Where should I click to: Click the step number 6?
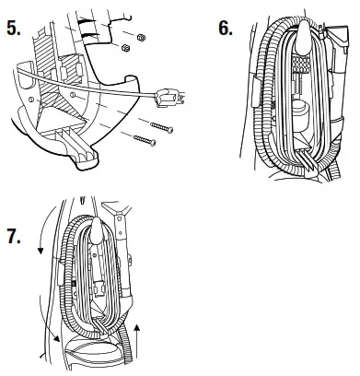[x=226, y=28]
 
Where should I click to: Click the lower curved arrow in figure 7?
[x=55, y=345]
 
